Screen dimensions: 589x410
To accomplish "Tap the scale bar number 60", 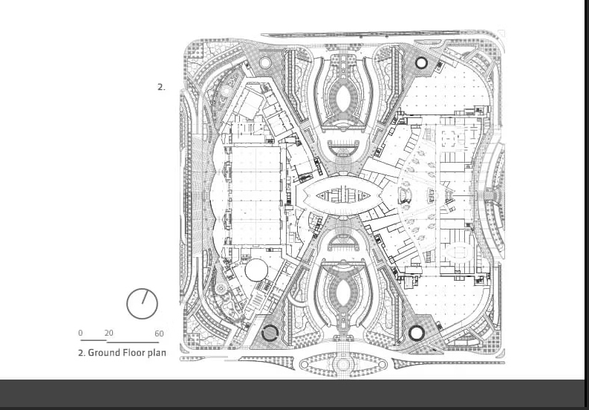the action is [159, 333].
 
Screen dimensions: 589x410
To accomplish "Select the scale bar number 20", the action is [109, 333].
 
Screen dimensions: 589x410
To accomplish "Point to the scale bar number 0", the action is [80, 333].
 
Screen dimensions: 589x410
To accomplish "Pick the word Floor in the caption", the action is [134, 353].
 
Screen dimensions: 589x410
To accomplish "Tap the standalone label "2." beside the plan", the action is [161, 87].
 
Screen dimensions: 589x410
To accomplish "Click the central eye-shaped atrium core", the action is [342, 196].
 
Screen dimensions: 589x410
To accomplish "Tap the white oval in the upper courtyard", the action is [342, 99].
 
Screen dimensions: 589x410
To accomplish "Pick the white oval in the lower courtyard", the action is [342, 292].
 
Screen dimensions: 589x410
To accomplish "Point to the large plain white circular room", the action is [256, 270].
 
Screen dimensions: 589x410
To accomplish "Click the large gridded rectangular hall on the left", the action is [256, 195].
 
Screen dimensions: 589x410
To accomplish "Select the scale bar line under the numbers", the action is [120, 341].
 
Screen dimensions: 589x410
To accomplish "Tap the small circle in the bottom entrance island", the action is [343, 364].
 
